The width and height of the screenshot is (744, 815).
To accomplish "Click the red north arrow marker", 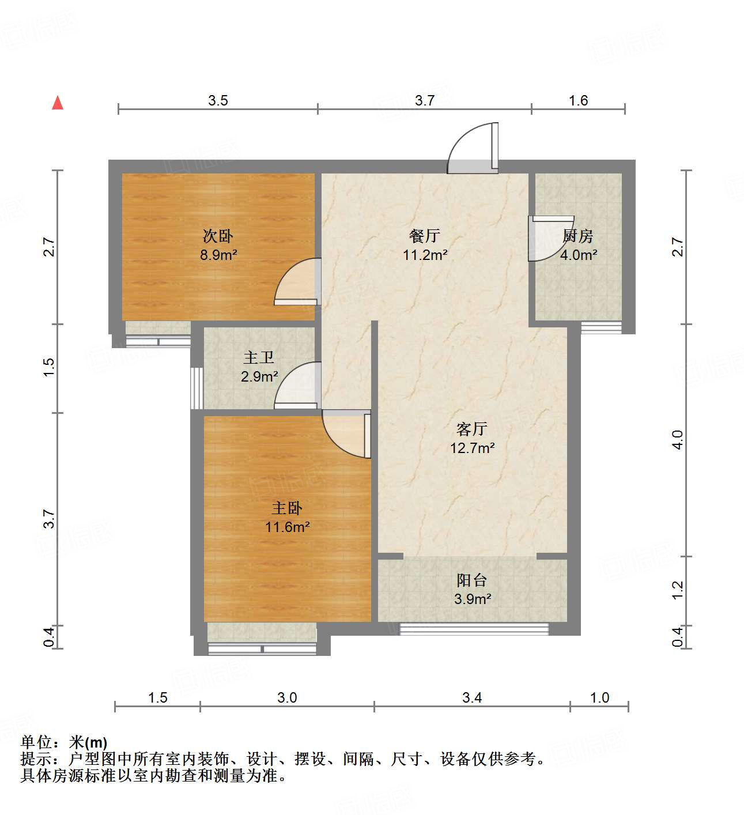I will point(58,103).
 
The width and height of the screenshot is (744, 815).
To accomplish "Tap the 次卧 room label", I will point(218,236).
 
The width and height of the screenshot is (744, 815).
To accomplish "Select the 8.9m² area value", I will point(218,255).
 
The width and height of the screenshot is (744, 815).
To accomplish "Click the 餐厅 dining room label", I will point(425,236).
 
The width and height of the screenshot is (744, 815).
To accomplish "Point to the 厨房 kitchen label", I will point(577,236).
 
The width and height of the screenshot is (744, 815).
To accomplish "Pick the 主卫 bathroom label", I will point(259,358).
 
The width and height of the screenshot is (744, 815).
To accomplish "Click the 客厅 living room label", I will point(472,429).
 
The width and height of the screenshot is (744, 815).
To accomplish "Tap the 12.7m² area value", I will point(473,448).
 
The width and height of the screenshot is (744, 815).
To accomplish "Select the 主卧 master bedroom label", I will point(287,508).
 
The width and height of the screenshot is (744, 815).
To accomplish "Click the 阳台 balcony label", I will point(472,580).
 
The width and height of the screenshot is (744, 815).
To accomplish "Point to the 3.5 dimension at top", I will point(218,101).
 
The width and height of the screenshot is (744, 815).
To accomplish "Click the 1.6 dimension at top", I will point(578,101).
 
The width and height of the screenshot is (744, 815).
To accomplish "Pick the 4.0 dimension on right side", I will point(678,440).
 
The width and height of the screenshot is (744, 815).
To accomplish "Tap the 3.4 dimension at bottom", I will point(472,698).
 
